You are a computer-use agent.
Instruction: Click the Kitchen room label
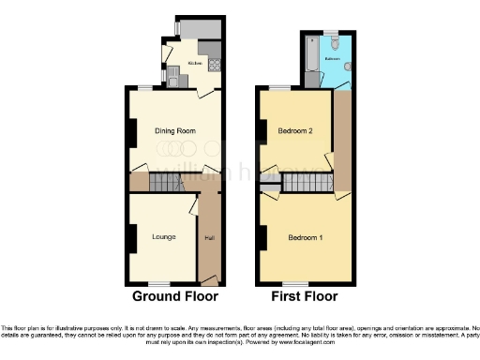pos(195,64)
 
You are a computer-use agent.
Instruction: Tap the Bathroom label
pos(332,58)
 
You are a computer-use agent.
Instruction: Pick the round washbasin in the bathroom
pos(347,66)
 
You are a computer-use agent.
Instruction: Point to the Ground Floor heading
pos(175,296)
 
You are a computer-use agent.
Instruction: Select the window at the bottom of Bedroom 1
pos(296,283)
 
